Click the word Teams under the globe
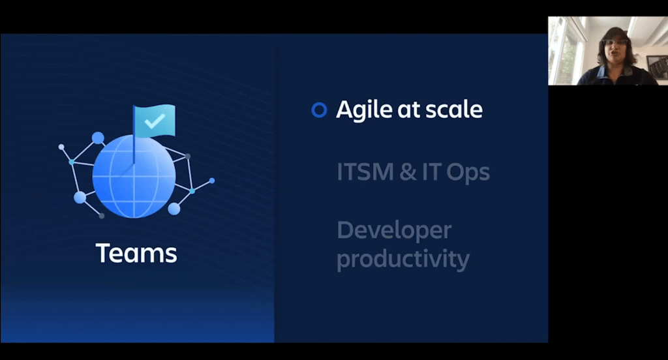pyautogui.click(x=136, y=253)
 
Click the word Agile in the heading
pyautogui.click(x=364, y=110)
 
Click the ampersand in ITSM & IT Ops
pyautogui.click(x=408, y=172)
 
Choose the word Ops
pyautogui.click(x=468, y=173)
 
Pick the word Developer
pyautogui.click(x=394, y=230)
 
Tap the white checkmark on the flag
pyautogui.click(x=155, y=121)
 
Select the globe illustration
pyautogui.click(x=134, y=175)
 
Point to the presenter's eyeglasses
pyautogui.click(x=615, y=42)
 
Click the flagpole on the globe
pyautogui.click(x=134, y=135)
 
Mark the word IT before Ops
pyautogui.click(x=431, y=172)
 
